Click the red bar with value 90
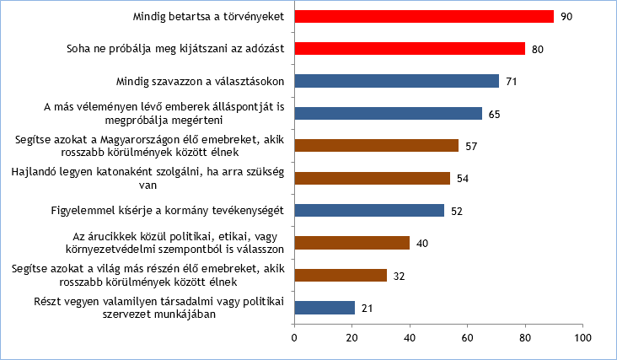pos(424,16)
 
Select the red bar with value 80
pos(410,49)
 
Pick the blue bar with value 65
pos(388,113)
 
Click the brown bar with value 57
pos(376,146)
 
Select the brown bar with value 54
pos(372,178)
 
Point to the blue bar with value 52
pos(369,211)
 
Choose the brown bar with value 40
pos(351,243)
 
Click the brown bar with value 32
pos(341,275)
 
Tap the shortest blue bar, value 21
pos(325,308)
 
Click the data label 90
pos(566,17)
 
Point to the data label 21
pos(368,308)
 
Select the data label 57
pos(471,146)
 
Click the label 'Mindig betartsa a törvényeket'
pos(209,17)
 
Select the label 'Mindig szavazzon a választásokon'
pos(200,81)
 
